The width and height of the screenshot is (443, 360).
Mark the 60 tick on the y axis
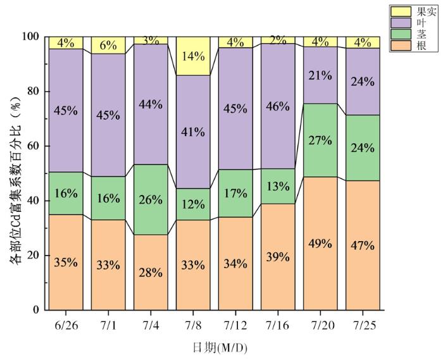pos(32,146)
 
